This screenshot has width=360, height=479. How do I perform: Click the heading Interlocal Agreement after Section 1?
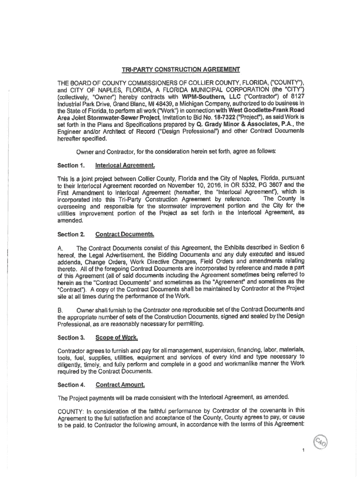tap(125, 166)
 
